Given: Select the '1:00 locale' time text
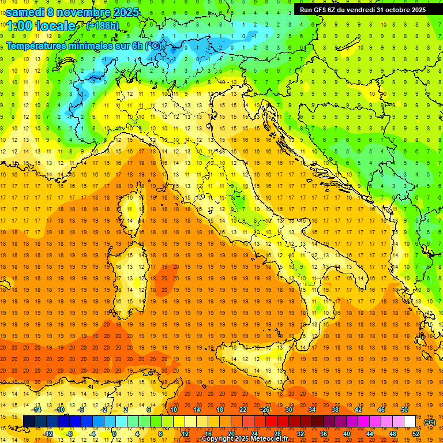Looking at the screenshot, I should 40,26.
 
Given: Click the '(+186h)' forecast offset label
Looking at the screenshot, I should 102,26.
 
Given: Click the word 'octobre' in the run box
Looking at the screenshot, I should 396,9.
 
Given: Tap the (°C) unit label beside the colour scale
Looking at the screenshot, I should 430,422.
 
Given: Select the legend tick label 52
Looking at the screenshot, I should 416,434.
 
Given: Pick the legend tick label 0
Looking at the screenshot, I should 115,434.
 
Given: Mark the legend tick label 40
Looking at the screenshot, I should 347,434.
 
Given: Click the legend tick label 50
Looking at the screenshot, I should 404,410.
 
